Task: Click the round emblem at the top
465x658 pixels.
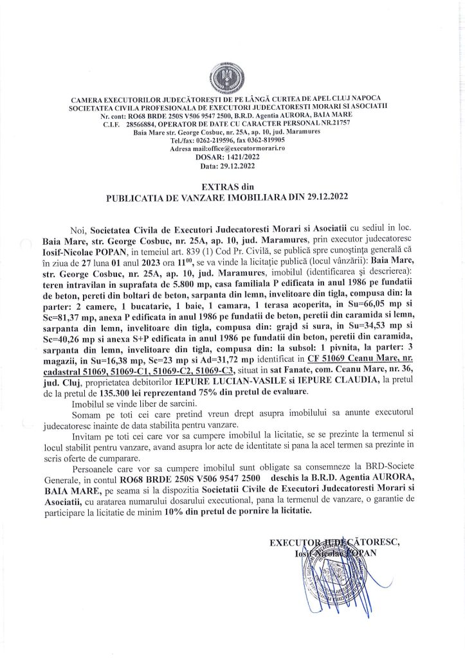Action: click(x=233, y=76)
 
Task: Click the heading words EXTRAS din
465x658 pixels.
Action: click(x=232, y=185)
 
